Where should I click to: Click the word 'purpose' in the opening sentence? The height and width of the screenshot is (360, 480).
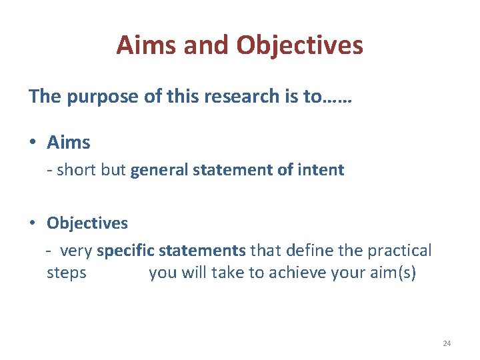coord(101,97)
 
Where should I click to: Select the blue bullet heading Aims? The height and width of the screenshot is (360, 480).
coord(69,142)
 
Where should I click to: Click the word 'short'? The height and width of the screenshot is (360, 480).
coord(77,170)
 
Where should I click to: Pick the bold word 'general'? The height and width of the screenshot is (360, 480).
coord(159,170)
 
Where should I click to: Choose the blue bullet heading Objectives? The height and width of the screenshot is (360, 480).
coord(87,223)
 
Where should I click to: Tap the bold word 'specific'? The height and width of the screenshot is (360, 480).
coord(125,251)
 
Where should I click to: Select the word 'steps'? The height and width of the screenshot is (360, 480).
coord(67,273)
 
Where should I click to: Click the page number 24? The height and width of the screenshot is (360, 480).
coord(447,343)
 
